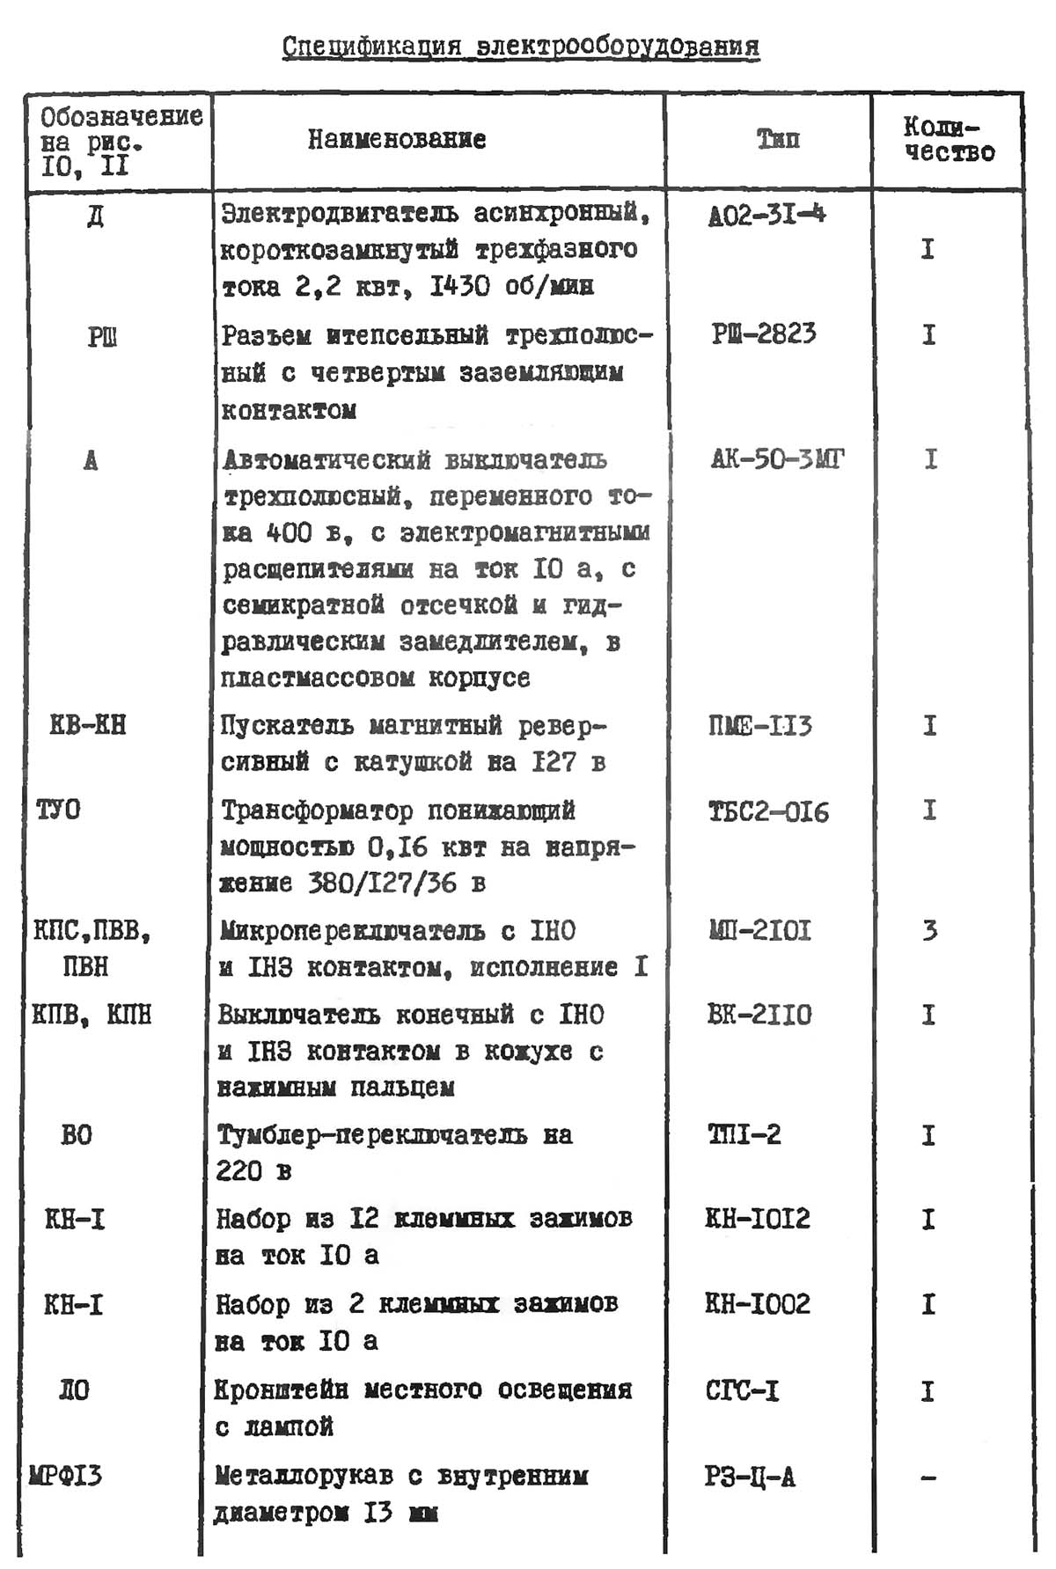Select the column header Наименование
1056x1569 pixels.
[x=396, y=139]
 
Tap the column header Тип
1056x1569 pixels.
[x=778, y=139]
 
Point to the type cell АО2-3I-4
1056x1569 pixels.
[x=766, y=215]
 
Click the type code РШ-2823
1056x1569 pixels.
[x=763, y=334]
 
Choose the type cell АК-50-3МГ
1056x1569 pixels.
[x=777, y=458]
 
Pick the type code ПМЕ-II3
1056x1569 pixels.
[x=759, y=727]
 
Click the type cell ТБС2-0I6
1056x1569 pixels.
[x=768, y=811]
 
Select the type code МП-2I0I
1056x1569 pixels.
[x=759, y=930]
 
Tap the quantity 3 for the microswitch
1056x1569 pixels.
[x=929, y=930]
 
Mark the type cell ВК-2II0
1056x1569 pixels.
[x=759, y=1015]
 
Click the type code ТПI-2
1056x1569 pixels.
[x=744, y=1134]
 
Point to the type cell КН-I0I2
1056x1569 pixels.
[x=757, y=1219]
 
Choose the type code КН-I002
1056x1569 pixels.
[x=757, y=1303]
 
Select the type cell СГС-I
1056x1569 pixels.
[x=742, y=1390]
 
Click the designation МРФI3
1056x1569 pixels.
[x=65, y=1475]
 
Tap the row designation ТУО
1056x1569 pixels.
[x=58, y=810]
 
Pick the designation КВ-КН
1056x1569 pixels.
[x=88, y=725]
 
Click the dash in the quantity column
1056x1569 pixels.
[x=928, y=1477]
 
